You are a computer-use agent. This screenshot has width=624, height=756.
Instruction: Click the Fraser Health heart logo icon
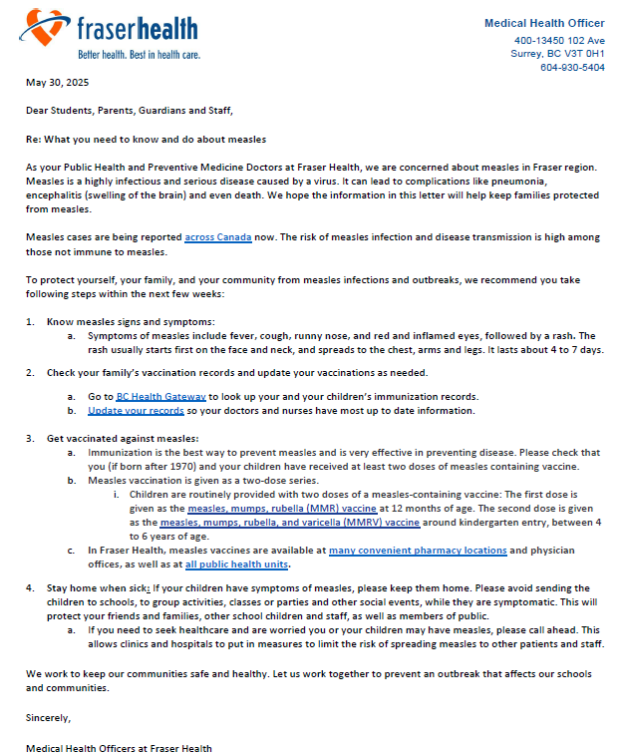46,27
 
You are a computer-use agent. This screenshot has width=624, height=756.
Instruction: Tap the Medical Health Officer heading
544,23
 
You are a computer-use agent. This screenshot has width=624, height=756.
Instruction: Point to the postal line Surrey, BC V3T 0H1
557,54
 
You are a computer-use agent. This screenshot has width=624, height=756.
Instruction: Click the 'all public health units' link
236,565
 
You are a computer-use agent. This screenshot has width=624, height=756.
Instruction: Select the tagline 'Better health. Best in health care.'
138,54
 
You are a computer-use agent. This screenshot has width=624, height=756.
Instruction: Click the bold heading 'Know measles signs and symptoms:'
131,321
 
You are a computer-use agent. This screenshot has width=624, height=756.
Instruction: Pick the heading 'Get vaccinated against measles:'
123,439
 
